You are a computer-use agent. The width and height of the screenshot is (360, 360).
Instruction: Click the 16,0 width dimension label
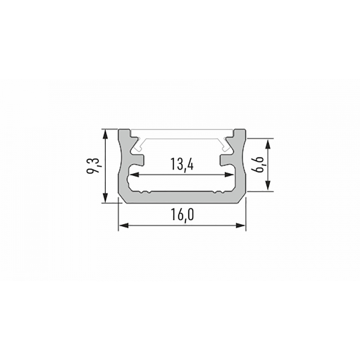[182, 215]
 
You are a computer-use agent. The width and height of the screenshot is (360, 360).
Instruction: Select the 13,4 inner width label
[182, 164]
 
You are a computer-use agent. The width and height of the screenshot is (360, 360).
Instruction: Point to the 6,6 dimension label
[257, 165]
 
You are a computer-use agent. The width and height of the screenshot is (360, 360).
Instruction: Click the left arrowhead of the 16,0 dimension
[123, 226]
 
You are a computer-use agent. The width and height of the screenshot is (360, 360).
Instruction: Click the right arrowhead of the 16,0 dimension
[241, 226]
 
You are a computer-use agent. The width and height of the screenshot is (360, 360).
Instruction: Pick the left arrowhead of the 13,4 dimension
[134, 175]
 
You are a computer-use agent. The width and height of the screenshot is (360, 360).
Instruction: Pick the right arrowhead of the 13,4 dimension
[229, 175]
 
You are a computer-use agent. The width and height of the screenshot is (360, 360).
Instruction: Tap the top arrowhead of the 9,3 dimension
[105, 134]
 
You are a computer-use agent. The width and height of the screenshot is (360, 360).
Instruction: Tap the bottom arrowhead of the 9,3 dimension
[105, 198]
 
